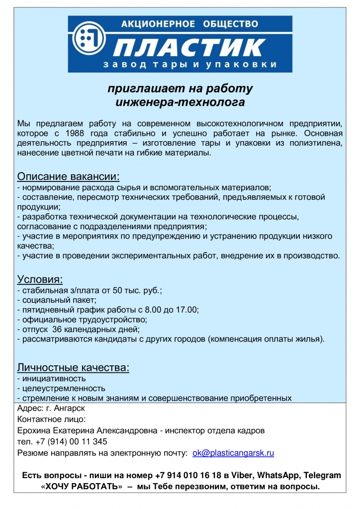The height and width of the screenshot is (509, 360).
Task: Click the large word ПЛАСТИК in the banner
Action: (x=190, y=47)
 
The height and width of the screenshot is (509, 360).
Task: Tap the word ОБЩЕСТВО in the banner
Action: (x=230, y=23)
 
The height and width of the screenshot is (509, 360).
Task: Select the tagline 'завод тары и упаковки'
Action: (x=189, y=65)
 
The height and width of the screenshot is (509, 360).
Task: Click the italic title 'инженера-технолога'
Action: (x=180, y=102)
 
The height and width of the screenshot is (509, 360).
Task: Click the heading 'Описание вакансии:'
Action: (x=69, y=176)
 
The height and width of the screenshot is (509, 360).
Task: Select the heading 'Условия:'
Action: (x=40, y=279)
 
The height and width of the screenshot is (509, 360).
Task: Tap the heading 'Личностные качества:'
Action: (x=73, y=368)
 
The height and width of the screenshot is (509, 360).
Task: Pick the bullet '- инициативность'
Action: (x=51, y=379)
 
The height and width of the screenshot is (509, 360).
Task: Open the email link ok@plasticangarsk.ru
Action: (x=233, y=453)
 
